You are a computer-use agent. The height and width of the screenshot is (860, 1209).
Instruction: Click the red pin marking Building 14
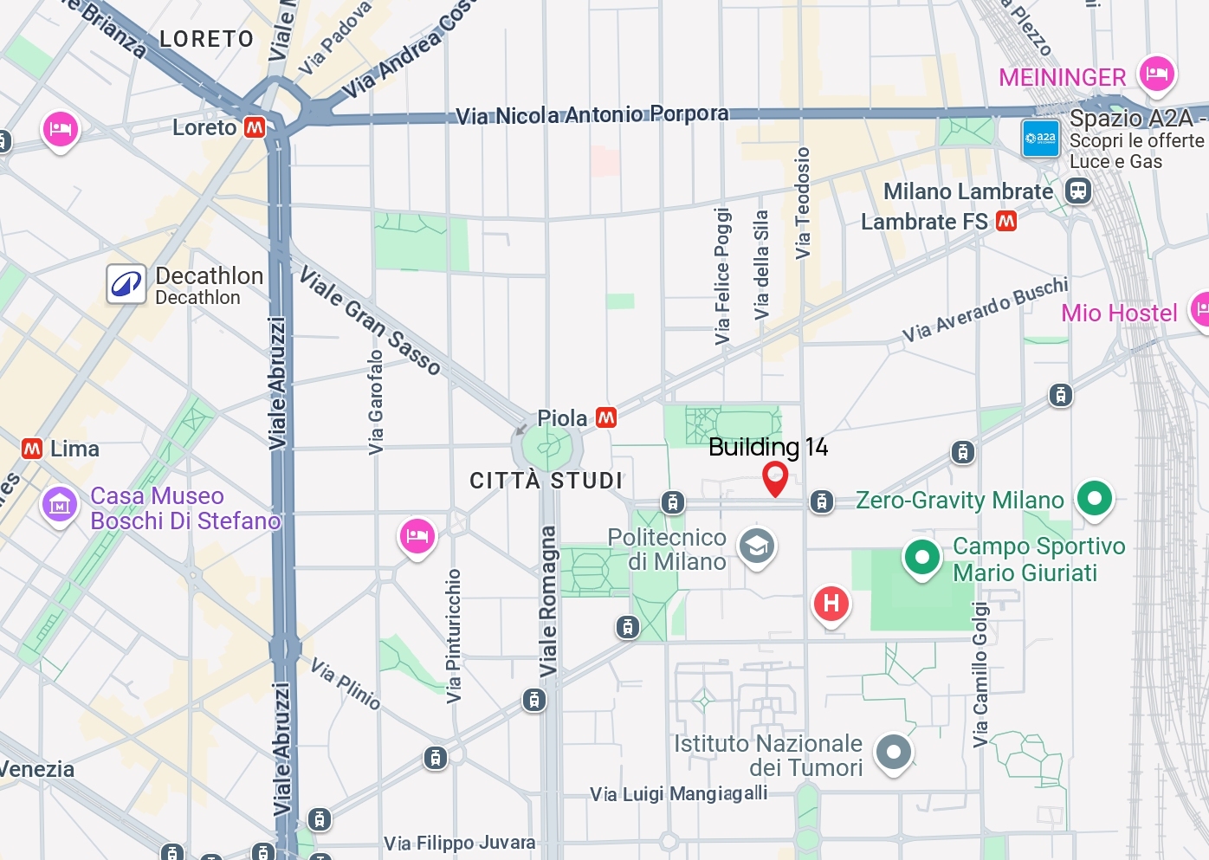pyautogui.click(x=774, y=477)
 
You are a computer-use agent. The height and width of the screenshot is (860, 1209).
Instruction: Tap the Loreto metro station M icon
pyautogui.click(x=255, y=127)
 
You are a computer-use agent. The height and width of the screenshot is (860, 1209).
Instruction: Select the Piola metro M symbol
pyautogui.click(x=606, y=417)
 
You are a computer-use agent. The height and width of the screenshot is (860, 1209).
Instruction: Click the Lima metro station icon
pyautogui.click(x=32, y=449)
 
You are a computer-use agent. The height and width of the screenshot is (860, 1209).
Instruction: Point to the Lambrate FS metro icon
pyautogui.click(x=1006, y=222)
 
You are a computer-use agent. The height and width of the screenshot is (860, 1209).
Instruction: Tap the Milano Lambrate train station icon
pyautogui.click(x=1078, y=191)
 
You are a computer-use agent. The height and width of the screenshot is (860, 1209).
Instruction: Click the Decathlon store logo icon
pyautogui.click(x=126, y=284)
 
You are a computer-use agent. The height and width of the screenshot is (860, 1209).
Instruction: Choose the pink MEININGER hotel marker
pyautogui.click(x=1156, y=74)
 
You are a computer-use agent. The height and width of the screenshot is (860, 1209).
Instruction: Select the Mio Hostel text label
pyautogui.click(x=1119, y=313)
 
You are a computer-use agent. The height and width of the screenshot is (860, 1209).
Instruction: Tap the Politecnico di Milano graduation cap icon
pyautogui.click(x=756, y=546)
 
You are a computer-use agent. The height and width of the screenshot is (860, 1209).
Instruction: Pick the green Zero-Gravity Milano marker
pyautogui.click(x=1095, y=498)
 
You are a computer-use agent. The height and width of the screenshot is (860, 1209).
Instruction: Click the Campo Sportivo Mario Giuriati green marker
pyautogui.click(x=921, y=557)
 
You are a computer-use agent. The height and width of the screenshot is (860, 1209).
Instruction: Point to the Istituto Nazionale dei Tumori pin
pyautogui.click(x=893, y=752)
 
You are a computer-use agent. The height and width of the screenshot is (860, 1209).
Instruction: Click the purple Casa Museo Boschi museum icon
pyautogui.click(x=60, y=503)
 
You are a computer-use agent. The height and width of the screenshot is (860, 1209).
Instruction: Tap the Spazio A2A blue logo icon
pyautogui.click(x=1040, y=138)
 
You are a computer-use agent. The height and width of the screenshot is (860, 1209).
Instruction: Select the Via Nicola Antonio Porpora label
pyautogui.click(x=592, y=114)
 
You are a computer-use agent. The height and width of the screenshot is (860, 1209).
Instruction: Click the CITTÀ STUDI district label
pyautogui.click(x=546, y=481)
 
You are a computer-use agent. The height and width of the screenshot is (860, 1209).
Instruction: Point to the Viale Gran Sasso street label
pyautogui.click(x=370, y=320)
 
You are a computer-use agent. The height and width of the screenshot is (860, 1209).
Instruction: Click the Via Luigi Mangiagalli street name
pyautogui.click(x=678, y=793)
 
